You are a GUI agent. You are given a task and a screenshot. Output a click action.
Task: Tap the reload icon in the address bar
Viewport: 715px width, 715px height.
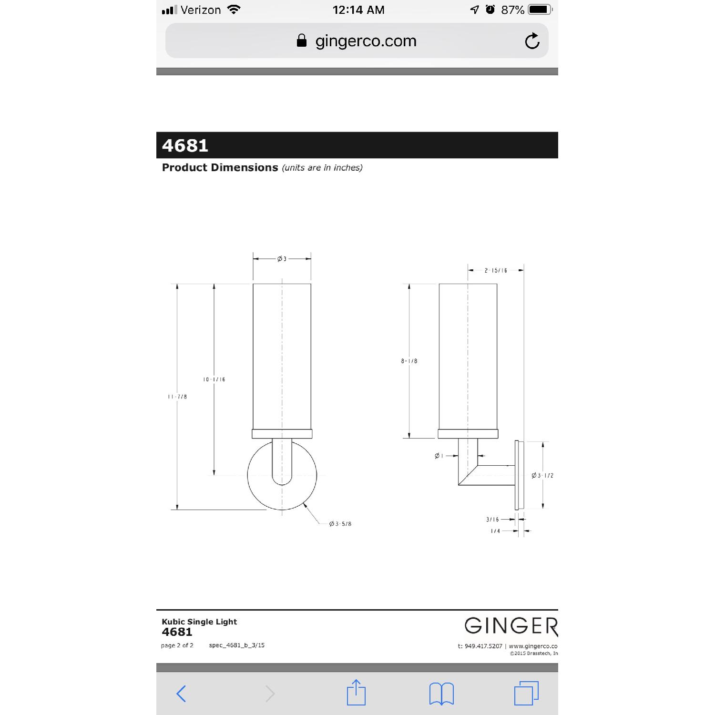[532, 41]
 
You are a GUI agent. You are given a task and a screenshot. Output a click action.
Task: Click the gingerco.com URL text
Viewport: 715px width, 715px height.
[366, 41]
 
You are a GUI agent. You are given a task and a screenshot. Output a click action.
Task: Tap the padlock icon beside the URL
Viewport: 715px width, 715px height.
[301, 41]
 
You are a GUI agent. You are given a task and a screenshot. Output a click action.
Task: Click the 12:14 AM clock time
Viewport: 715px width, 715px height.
[358, 10]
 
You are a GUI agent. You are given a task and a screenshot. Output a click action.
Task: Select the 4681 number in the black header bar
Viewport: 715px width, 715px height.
[185, 145]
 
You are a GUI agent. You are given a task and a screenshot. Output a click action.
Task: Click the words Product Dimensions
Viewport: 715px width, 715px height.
[220, 167]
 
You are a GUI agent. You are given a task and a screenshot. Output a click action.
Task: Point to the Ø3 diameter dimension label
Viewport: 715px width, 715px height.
[282, 259]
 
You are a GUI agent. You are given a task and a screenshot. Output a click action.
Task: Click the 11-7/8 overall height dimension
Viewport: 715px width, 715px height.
[177, 397]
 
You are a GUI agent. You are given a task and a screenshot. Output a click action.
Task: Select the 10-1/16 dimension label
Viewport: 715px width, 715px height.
[214, 379]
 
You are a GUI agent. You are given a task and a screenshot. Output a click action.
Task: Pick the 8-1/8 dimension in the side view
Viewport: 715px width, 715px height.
[409, 361]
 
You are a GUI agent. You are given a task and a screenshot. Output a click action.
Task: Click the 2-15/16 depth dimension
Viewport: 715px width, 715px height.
[496, 270]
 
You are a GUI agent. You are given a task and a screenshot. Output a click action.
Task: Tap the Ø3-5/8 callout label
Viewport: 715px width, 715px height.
[340, 524]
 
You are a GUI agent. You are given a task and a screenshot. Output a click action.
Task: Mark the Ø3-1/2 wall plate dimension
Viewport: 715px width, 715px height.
[542, 475]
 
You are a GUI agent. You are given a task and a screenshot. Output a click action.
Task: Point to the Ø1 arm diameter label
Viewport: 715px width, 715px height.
[439, 456]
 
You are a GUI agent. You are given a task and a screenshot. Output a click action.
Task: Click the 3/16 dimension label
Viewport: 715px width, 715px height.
[492, 520]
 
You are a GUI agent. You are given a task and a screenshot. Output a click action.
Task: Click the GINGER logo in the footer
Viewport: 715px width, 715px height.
[511, 626]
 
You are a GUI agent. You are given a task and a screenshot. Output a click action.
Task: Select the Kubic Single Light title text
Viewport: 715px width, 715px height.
[199, 622]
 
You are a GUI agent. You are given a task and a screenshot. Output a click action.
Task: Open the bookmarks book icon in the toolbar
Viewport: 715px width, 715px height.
[441, 693]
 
